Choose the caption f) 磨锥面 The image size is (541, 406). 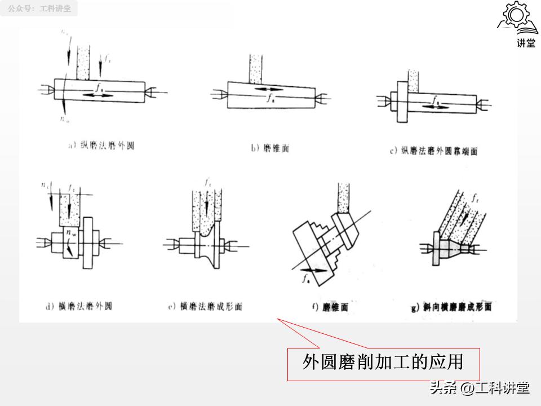pyautogui.click(x=330, y=307)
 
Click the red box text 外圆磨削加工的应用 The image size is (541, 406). pyautogui.click(x=383, y=362)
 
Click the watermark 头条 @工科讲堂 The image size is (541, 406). pyautogui.click(x=479, y=388)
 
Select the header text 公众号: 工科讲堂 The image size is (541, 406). pyautogui.click(x=39, y=9)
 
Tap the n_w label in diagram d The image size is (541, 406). pyautogui.click(x=71, y=231)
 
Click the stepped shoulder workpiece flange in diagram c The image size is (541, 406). pyautogui.click(x=401, y=101)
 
